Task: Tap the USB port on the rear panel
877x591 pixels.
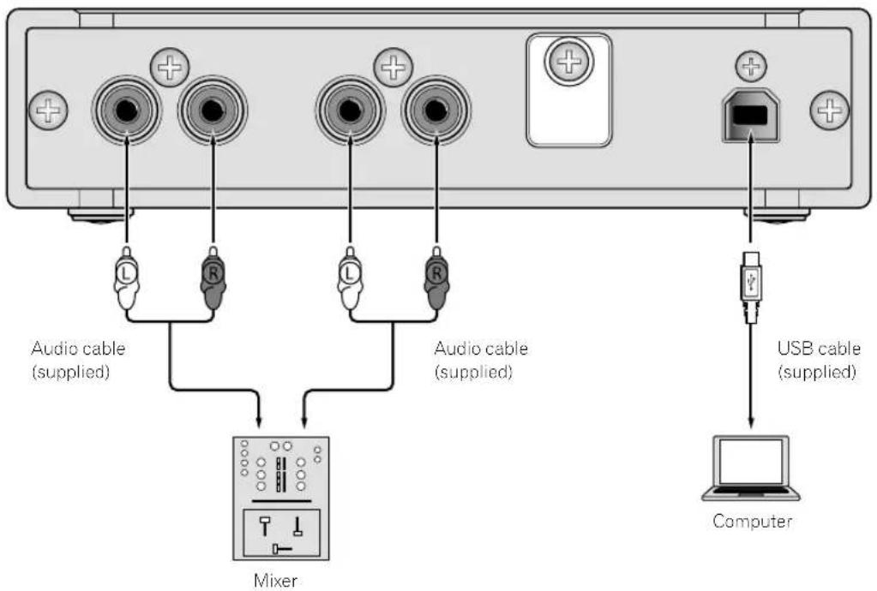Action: [x=751, y=116]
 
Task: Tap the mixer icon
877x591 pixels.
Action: [x=280, y=498]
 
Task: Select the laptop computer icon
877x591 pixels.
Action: [x=751, y=468]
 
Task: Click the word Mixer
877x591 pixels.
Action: [x=280, y=580]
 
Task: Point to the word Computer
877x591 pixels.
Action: [x=751, y=521]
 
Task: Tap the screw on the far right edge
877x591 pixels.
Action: [x=830, y=109]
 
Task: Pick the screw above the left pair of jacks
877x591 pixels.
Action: [x=170, y=66]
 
